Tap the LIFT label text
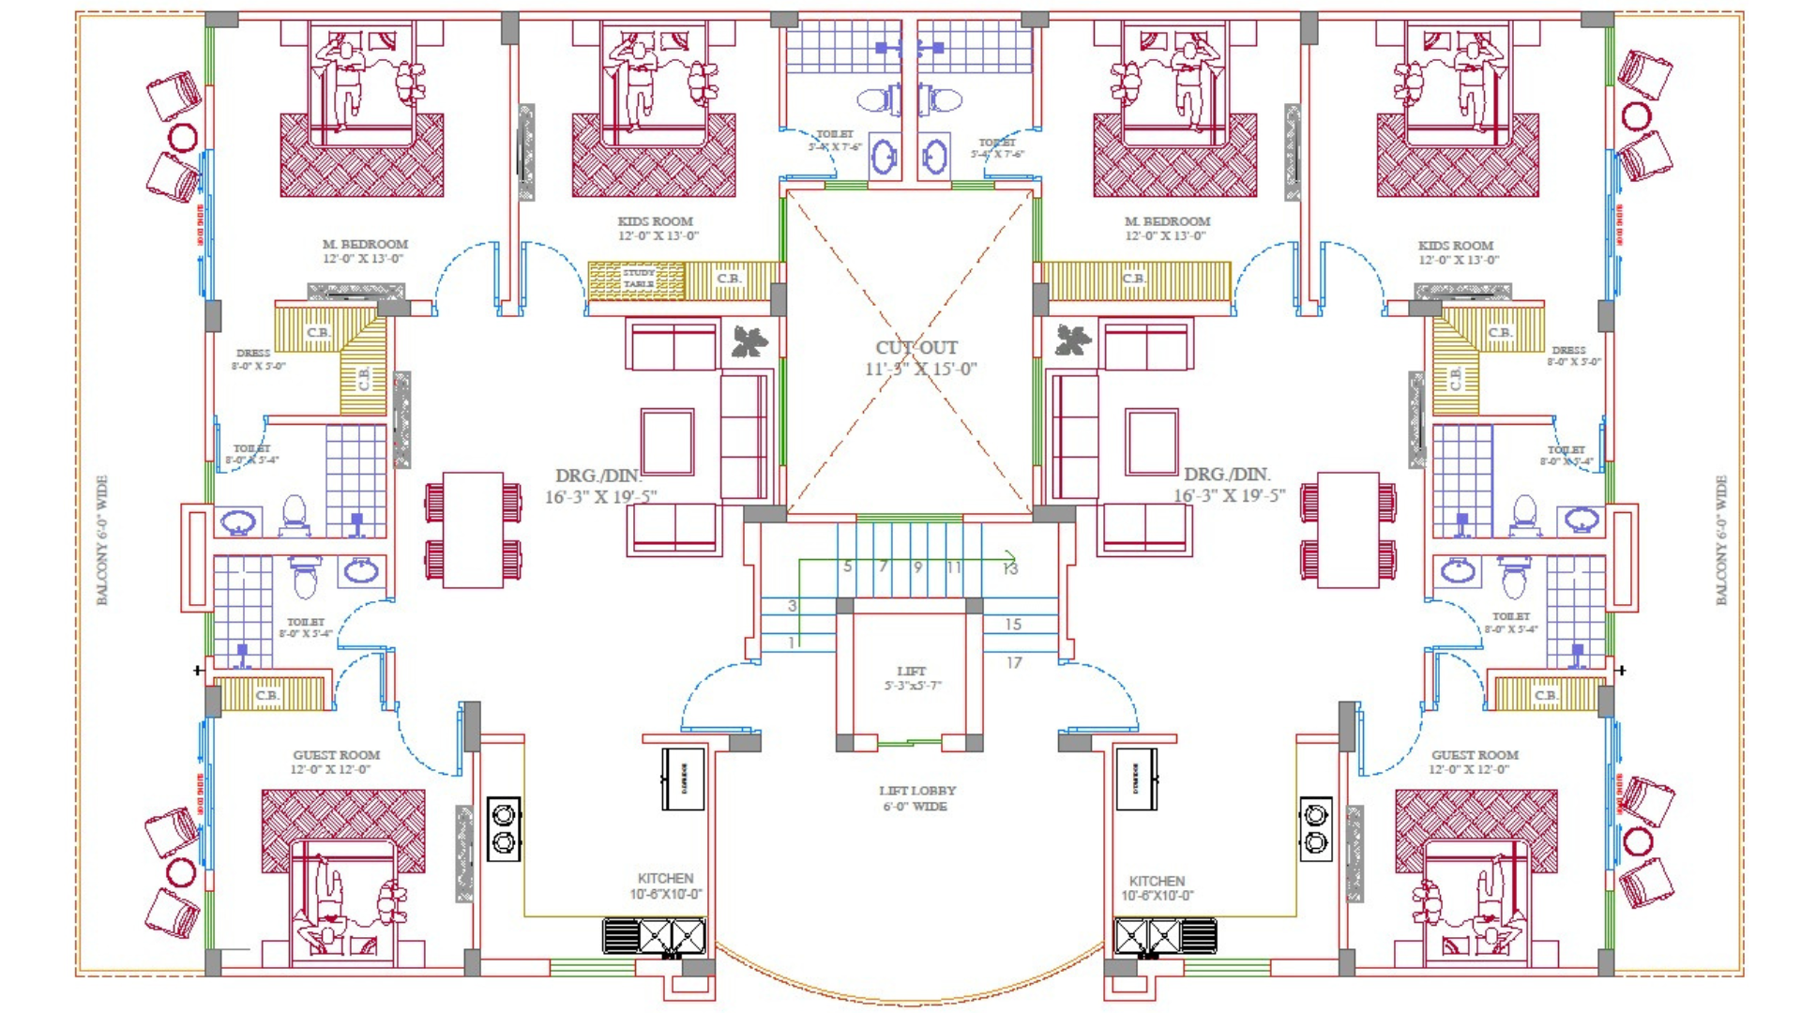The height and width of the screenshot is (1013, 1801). (x=911, y=672)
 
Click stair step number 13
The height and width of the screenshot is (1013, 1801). (x=1009, y=568)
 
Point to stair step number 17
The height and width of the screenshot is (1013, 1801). (x=1014, y=662)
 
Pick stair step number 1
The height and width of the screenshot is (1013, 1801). (x=793, y=643)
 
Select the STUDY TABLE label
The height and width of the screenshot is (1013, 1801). (x=639, y=278)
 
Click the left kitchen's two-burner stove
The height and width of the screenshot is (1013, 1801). (x=504, y=828)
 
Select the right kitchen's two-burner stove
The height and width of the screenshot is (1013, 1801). (x=1315, y=828)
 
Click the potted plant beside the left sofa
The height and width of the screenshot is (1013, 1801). (x=749, y=341)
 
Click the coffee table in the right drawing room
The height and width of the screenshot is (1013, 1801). (x=1151, y=441)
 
